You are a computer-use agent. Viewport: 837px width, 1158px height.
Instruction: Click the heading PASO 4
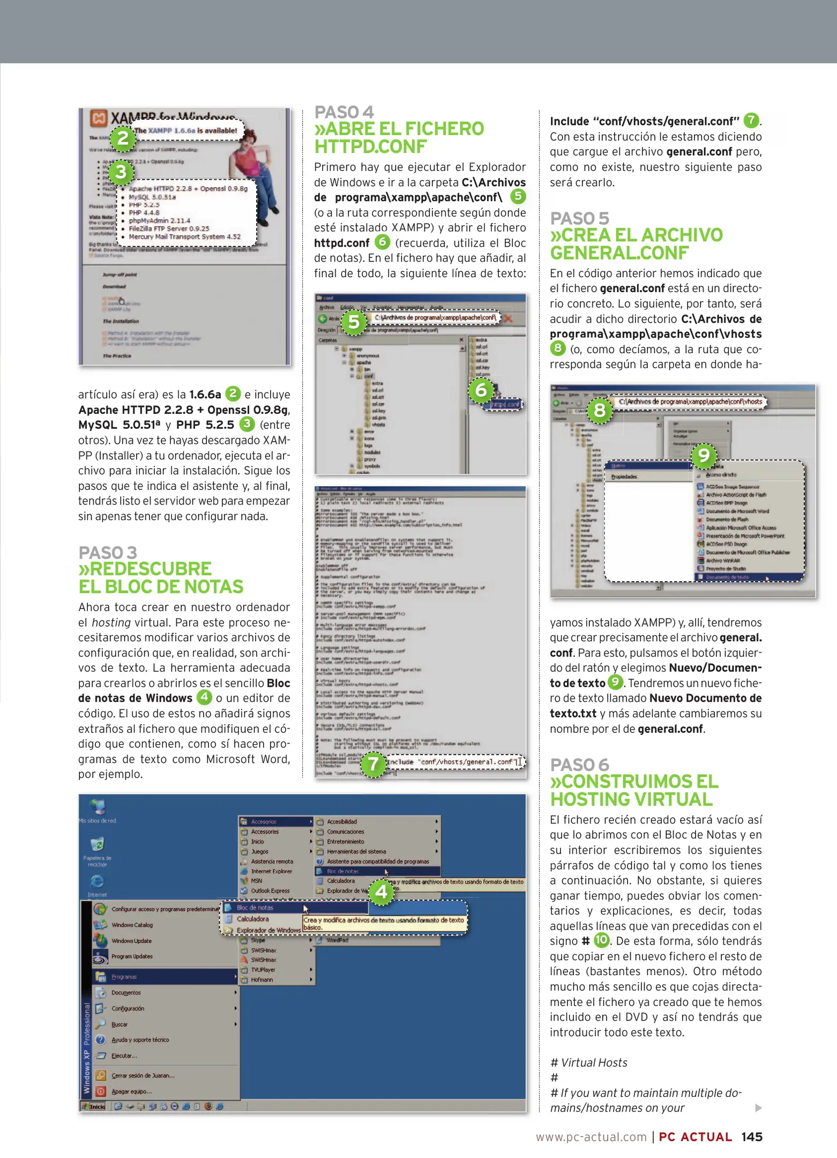coord(343,112)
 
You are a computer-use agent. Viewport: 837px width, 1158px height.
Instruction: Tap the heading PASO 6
coord(579,764)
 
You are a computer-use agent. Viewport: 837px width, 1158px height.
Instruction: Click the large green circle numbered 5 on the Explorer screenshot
coord(354,322)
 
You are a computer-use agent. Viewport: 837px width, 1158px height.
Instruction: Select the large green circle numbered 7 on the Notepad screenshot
coord(373,764)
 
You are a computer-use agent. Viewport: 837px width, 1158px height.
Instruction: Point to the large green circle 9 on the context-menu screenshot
coord(704,456)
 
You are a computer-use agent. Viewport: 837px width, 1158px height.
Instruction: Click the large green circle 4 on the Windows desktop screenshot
coord(382,892)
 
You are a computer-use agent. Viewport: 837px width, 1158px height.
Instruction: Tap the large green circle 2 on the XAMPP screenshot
coord(123,138)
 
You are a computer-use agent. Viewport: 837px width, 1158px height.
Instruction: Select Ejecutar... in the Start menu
coord(124,1056)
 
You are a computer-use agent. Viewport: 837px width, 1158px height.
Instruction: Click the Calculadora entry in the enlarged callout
coord(252,919)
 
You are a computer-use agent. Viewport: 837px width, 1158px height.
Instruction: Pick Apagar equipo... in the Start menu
coord(131,1091)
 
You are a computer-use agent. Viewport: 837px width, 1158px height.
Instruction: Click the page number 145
coord(751,1137)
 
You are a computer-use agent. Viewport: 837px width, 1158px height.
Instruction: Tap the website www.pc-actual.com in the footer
coord(591,1137)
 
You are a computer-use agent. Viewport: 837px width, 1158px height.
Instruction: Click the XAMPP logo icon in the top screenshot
coord(98,118)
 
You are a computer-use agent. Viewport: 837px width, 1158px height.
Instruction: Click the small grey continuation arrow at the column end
coord(758,1108)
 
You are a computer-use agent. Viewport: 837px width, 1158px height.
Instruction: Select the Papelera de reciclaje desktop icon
coord(97,845)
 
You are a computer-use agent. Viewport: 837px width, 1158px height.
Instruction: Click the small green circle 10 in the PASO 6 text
coord(602,940)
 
